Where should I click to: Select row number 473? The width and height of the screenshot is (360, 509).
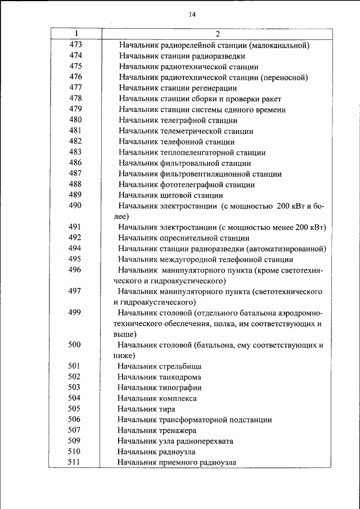(75, 45)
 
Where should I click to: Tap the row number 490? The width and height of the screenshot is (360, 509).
(75, 206)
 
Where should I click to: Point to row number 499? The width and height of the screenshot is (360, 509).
(75, 313)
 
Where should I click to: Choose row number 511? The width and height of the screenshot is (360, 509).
(75, 462)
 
